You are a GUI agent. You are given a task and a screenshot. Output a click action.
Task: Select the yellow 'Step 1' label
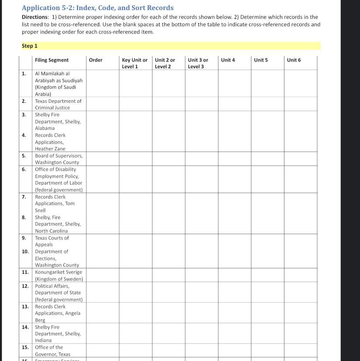click(x=30, y=46)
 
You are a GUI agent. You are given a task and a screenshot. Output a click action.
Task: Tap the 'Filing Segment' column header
click(x=52, y=60)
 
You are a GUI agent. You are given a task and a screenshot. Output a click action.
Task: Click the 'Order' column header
click(x=96, y=60)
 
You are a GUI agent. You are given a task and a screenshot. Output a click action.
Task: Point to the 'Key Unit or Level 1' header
click(x=135, y=63)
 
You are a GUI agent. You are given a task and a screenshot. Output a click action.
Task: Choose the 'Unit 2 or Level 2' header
click(x=165, y=63)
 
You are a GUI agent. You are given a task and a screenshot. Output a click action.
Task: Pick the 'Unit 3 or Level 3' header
click(x=198, y=63)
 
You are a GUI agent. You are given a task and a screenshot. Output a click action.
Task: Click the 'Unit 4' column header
click(x=228, y=60)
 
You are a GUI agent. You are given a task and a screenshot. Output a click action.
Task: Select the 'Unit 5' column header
click(x=261, y=60)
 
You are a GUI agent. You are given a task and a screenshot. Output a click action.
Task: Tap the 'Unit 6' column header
click(x=294, y=60)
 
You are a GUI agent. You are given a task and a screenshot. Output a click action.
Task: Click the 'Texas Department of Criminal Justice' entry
click(x=58, y=104)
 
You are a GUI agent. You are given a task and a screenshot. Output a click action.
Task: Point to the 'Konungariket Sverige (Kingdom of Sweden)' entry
click(x=59, y=275)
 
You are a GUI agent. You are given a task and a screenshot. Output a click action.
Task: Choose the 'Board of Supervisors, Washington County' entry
click(x=59, y=159)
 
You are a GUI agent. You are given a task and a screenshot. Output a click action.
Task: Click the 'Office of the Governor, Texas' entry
click(x=52, y=351)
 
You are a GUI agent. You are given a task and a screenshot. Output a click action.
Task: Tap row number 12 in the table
click(x=25, y=286)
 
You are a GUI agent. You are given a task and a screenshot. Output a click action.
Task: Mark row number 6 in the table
click(x=24, y=169)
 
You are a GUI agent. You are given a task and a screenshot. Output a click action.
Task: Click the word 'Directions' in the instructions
click(x=35, y=17)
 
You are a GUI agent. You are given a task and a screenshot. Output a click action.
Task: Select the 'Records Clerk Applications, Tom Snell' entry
click(x=55, y=203)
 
